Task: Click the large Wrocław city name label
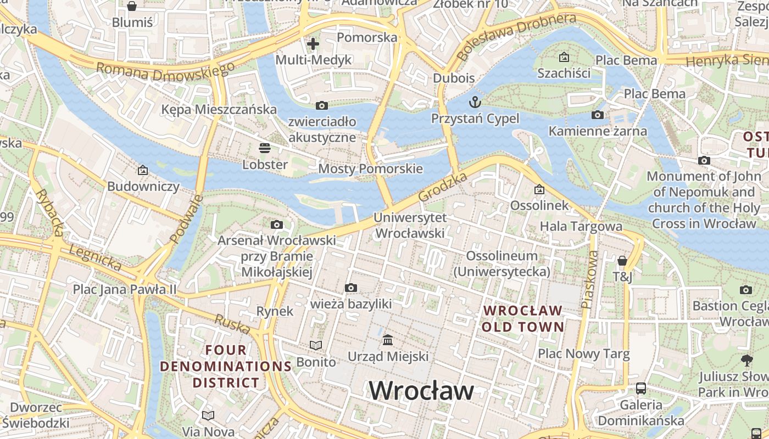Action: [x=421, y=391]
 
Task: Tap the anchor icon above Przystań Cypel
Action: [x=475, y=102]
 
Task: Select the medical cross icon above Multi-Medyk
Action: [x=313, y=44]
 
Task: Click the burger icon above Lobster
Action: [x=265, y=148]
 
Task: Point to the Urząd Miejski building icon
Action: [x=388, y=340]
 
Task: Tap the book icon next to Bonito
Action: [x=316, y=345]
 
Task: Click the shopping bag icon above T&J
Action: [x=622, y=261]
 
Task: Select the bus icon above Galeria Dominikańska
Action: [x=641, y=389]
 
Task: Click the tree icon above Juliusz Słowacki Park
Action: [x=746, y=361]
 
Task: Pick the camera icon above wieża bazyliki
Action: [x=351, y=288]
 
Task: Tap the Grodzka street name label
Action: [x=442, y=187]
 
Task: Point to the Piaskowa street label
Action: [x=589, y=280]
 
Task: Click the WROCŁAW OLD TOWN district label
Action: [x=523, y=319]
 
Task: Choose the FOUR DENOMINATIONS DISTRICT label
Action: [x=226, y=366]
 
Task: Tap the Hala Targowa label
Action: [x=581, y=226]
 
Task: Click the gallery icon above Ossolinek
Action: [x=539, y=189]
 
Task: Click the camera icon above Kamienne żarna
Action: [x=598, y=115]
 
